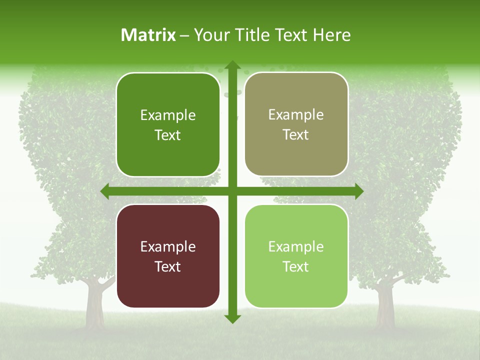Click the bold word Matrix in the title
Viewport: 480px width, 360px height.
pyautogui.click(x=148, y=35)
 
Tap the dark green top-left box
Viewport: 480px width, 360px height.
pyautogui.click(x=168, y=124)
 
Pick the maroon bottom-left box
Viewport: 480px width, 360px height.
pyautogui.click(x=168, y=256)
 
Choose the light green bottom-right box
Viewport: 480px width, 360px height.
pyautogui.click(x=296, y=256)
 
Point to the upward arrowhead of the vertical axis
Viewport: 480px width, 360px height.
pyautogui.click(x=232, y=65)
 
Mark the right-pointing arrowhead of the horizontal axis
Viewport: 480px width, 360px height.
pyautogui.click(x=358, y=191)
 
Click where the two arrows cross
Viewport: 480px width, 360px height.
pyautogui.click(x=232, y=191)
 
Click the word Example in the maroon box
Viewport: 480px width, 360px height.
pyautogui.click(x=168, y=246)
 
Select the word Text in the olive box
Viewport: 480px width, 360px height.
pyautogui.click(x=296, y=134)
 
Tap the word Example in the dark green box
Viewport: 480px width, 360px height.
pyautogui.click(x=168, y=115)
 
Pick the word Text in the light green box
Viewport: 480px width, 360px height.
pyautogui.click(x=296, y=266)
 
